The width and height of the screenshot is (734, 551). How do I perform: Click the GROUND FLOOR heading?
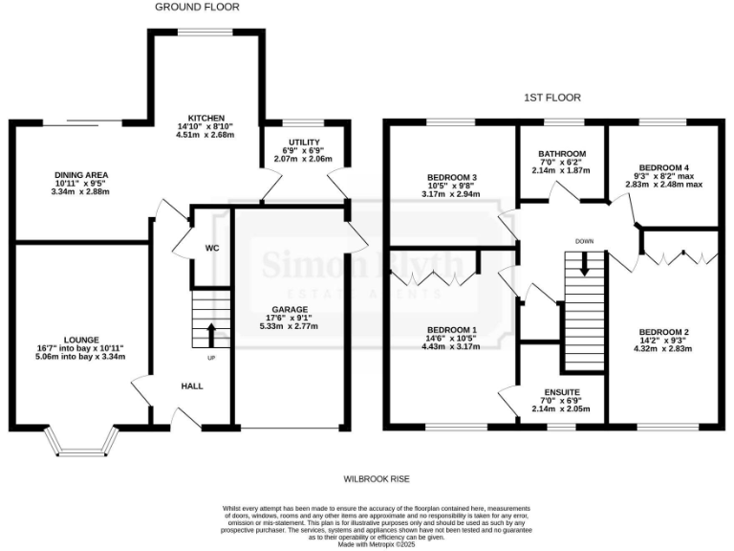(x=198, y=7)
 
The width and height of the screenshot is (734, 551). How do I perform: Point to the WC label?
(x=212, y=247)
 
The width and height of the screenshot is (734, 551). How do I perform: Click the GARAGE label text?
(x=288, y=310)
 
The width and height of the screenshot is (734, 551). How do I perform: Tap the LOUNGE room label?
(x=81, y=339)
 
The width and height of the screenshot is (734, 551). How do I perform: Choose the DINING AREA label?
(x=80, y=174)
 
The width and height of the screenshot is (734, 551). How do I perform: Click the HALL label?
(x=192, y=386)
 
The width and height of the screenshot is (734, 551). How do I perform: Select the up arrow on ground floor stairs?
(x=210, y=335)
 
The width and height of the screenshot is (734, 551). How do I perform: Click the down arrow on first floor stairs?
(x=585, y=265)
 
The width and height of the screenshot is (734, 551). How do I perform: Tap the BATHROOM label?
(x=562, y=153)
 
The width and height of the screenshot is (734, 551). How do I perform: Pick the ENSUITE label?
(x=561, y=391)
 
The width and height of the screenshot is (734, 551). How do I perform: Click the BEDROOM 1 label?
(x=452, y=324)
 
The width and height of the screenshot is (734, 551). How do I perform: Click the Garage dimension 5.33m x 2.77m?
(x=288, y=327)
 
